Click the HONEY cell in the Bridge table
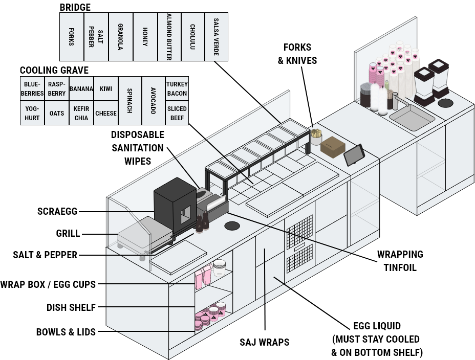(x=145, y=37)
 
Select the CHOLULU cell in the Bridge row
(x=192, y=37)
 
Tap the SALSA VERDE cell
(x=217, y=37)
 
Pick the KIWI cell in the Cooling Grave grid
(x=106, y=88)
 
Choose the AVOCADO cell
(x=153, y=101)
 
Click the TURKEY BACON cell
(x=177, y=88)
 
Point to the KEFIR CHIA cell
(x=81, y=113)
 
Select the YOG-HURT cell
(x=32, y=113)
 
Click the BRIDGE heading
(x=75, y=7)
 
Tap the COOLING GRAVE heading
(x=54, y=70)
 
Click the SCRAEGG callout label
(x=57, y=211)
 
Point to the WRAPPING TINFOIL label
(x=400, y=261)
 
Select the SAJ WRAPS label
(x=265, y=342)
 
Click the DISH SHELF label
(x=71, y=307)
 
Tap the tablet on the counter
(x=354, y=155)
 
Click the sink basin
(x=412, y=118)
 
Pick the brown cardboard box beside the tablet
(x=333, y=147)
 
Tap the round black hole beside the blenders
(x=446, y=103)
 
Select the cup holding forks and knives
(x=316, y=138)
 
